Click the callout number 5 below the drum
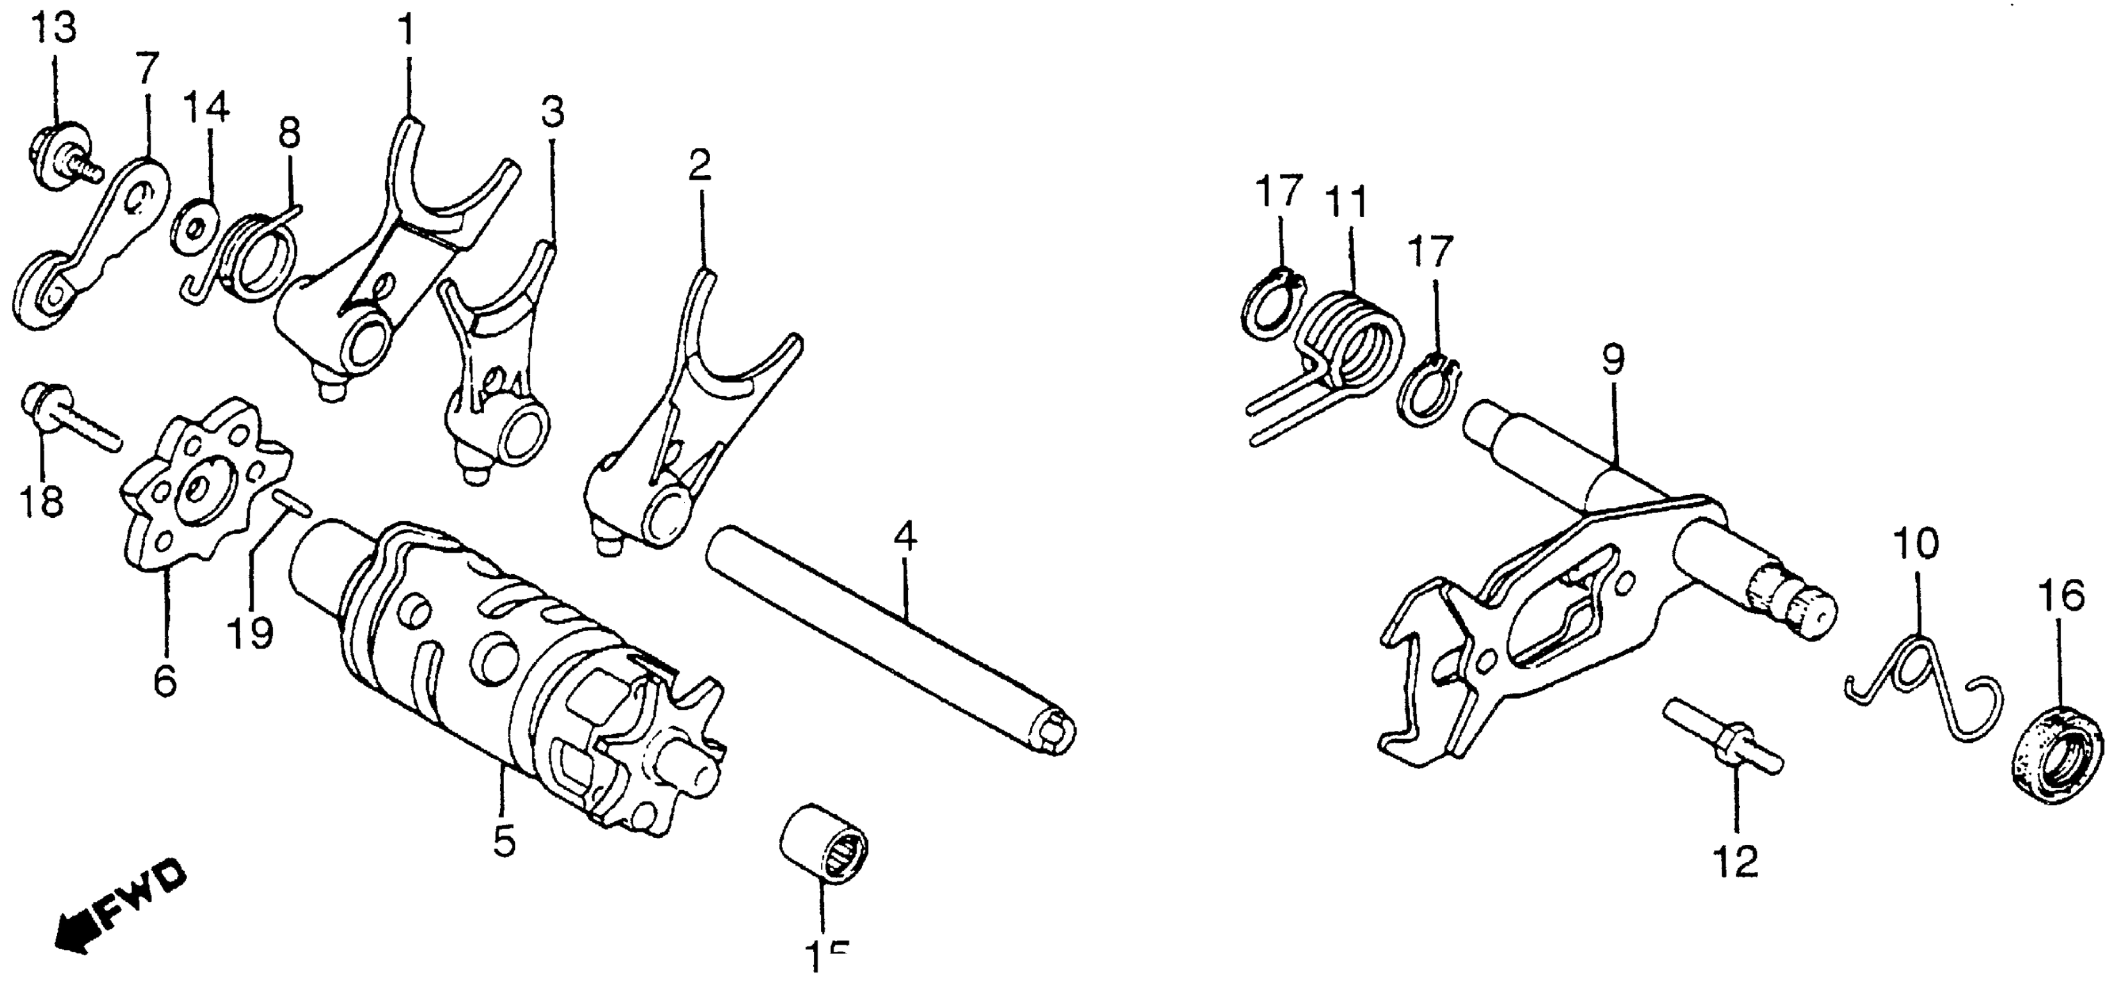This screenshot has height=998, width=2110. point(504,841)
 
